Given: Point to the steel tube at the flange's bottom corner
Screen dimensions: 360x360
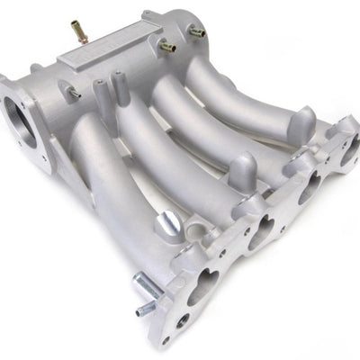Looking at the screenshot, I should tap(148, 297).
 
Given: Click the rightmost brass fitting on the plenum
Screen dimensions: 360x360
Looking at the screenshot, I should tap(196, 32).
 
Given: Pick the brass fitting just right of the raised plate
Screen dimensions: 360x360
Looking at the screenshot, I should tap(167, 45).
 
